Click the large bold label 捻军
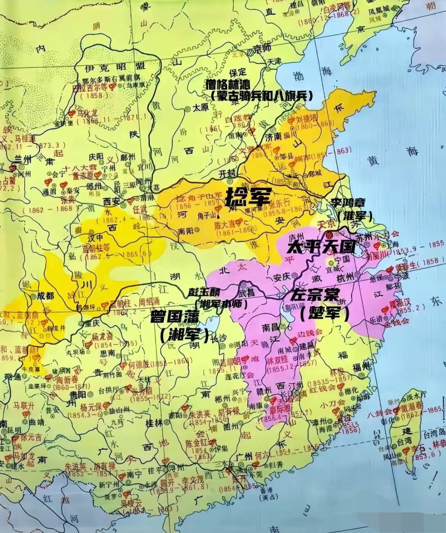click(248, 197)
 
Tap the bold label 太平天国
click(321, 248)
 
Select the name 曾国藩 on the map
click(175, 317)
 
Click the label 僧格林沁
click(233, 85)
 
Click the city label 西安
click(111, 202)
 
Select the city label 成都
click(46, 295)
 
